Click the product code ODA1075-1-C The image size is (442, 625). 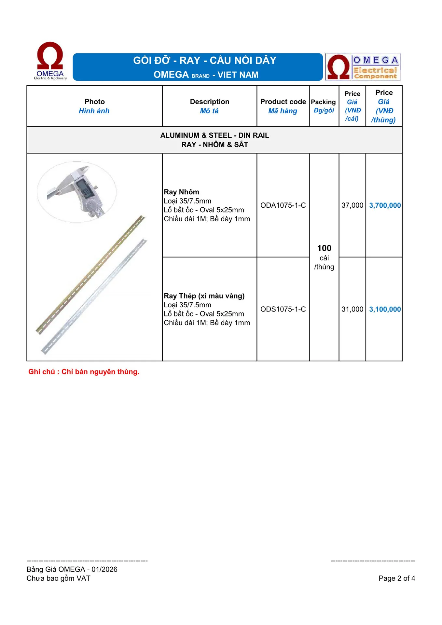click(x=283, y=205)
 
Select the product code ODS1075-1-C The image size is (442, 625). click(x=283, y=309)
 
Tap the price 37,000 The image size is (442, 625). click(x=352, y=205)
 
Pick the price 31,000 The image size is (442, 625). click(x=352, y=309)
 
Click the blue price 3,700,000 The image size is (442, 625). click(x=385, y=205)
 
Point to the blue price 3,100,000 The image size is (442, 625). click(x=385, y=309)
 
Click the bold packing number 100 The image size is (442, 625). click(x=324, y=248)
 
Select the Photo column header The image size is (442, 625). click(x=94, y=102)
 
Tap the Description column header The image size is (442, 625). click(x=210, y=102)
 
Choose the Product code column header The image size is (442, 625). click(x=283, y=102)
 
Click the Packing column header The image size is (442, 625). click(x=323, y=102)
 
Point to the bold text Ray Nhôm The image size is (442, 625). click(x=181, y=192)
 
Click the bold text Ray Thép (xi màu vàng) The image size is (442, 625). click(x=204, y=296)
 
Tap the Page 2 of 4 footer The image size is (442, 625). click(x=397, y=578)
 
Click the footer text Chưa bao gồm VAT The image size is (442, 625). click(x=59, y=578)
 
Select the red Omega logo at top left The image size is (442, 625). click(x=50, y=60)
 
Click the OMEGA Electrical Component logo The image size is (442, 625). click(x=363, y=67)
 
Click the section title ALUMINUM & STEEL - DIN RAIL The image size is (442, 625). click(x=214, y=135)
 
